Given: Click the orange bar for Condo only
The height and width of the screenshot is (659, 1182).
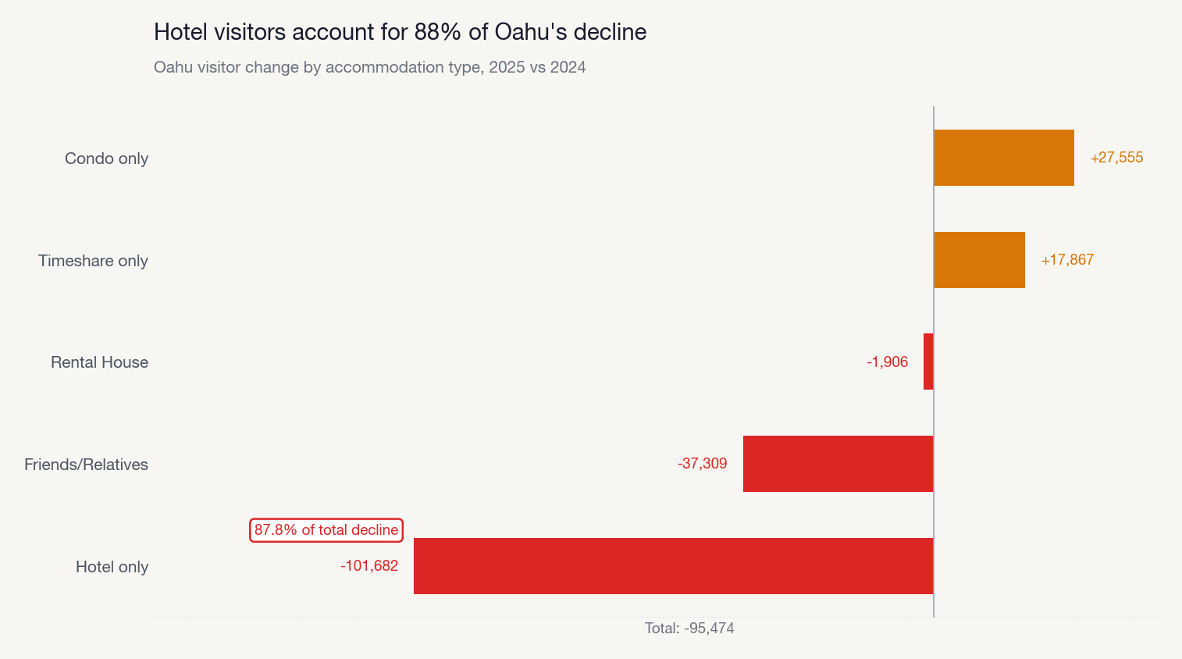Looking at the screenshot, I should point(1003,158).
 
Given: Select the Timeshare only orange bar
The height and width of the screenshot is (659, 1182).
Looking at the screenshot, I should point(979,260).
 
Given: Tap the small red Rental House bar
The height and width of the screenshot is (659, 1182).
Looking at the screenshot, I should point(928,362).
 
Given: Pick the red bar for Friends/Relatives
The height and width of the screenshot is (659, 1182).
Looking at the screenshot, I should point(838,464).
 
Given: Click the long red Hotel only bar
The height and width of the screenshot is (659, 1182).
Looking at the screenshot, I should point(673,566).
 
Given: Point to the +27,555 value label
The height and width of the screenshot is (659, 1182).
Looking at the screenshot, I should point(1116,158).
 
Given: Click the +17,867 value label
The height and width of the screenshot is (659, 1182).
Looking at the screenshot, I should point(1067,260).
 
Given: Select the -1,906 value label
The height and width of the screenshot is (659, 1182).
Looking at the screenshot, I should point(887,362).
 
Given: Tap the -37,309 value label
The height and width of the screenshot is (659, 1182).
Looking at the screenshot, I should point(702,464).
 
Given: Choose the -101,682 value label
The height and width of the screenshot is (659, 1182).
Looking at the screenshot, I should point(369,566).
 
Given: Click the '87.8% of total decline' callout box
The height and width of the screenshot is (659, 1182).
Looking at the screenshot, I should point(326,530).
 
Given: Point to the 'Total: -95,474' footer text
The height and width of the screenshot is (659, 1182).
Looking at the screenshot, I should point(689,629).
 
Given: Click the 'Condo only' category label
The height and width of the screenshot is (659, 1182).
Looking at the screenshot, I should point(106,159).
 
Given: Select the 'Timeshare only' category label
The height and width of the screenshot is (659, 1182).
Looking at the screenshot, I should point(93,261).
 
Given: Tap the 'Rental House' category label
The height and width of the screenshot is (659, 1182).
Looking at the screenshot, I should point(99,362).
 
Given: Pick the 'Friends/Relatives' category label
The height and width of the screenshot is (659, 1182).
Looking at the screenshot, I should point(86,465).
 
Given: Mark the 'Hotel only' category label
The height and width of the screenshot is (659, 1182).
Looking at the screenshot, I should point(112,567).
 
